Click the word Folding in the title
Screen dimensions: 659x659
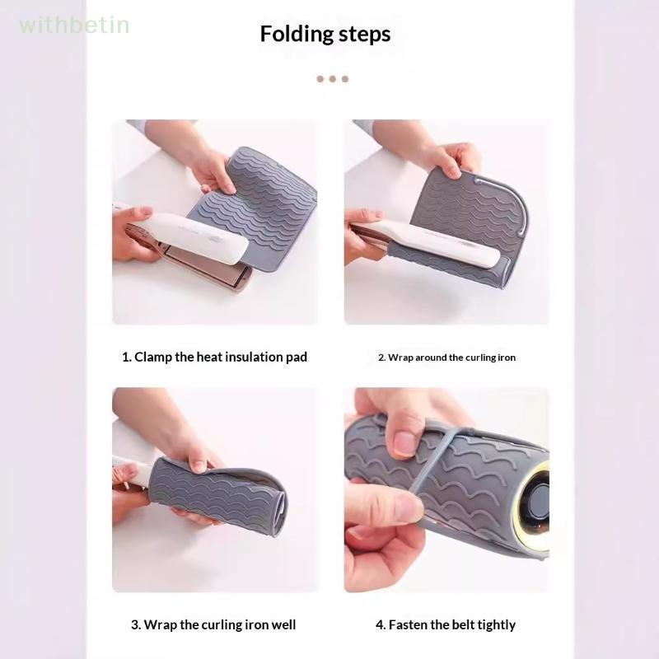(x=297, y=34)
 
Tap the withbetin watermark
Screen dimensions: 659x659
(x=74, y=25)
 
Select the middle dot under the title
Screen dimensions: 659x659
(x=333, y=78)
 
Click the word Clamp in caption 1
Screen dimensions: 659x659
(x=153, y=357)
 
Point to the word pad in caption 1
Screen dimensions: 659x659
(x=297, y=358)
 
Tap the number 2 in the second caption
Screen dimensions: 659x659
(x=381, y=358)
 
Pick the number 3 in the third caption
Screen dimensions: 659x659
(x=135, y=624)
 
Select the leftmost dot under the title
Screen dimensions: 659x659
(x=320, y=78)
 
